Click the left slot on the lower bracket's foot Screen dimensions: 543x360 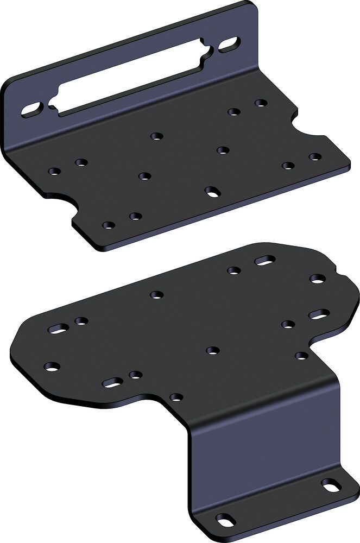[226, 518]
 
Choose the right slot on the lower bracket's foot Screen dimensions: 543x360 [330, 485]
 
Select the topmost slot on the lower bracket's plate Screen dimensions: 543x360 [264, 261]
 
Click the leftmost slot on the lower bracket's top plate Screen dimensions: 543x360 [59, 329]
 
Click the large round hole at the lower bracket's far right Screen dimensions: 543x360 [318, 279]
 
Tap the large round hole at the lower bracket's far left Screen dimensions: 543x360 [52, 367]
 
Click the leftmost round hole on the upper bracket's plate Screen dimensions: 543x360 [54, 172]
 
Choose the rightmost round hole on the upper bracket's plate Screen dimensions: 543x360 [315, 157]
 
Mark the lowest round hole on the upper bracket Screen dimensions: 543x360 [109, 225]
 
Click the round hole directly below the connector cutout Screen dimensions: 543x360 [157, 136]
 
